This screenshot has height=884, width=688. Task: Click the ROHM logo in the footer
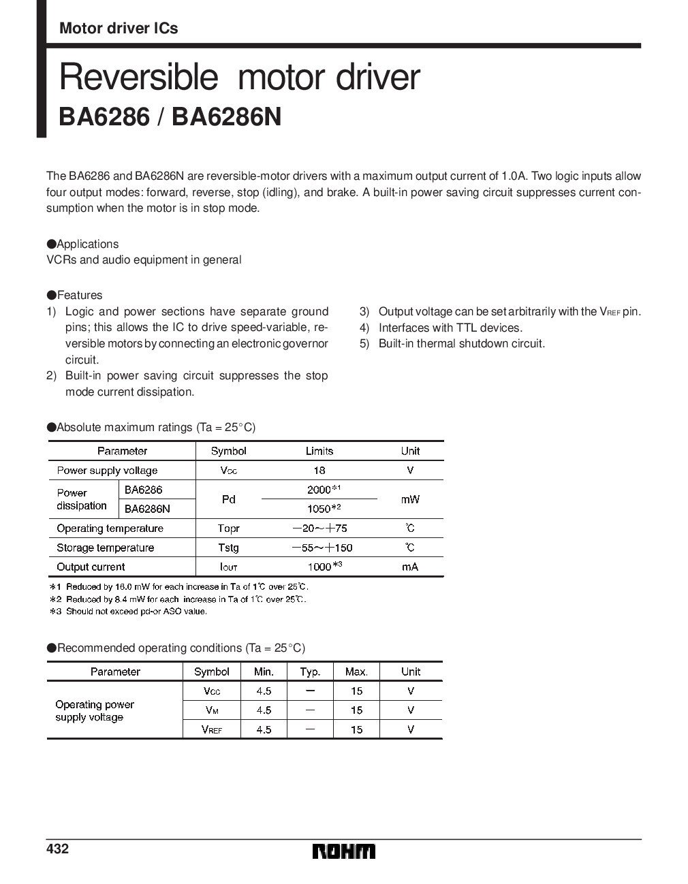[344, 852]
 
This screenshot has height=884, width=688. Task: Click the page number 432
[57, 849]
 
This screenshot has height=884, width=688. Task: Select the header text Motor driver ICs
[119, 28]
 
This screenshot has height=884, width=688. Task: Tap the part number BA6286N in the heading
[227, 116]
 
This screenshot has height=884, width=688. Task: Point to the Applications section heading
[82, 244]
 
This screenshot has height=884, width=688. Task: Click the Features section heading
[75, 295]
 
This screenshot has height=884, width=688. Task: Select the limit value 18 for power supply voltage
[319, 470]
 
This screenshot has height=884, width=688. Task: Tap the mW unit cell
[410, 499]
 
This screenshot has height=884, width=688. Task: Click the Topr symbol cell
[228, 528]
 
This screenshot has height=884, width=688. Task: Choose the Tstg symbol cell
[228, 548]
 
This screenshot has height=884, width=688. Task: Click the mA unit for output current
[410, 567]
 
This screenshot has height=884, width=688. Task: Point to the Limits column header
[319, 451]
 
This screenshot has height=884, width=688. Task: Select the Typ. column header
[310, 672]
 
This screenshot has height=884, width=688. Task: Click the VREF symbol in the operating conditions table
[211, 729]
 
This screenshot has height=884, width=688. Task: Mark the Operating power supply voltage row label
[95, 710]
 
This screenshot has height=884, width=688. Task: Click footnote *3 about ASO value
[129, 612]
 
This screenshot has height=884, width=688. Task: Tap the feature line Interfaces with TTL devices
[450, 328]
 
